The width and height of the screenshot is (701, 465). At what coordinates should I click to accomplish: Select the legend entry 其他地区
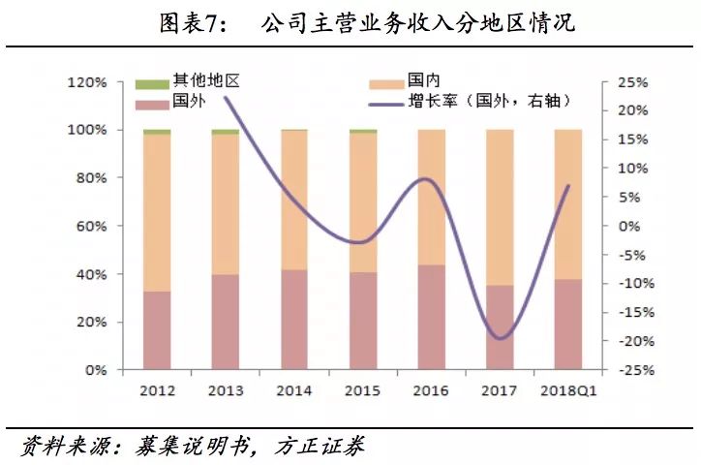pos(190,82)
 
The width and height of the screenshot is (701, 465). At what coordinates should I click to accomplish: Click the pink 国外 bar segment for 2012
pos(156,330)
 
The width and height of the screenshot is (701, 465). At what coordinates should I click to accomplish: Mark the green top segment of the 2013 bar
pos(225,132)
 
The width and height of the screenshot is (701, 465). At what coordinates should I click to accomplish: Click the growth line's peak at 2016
pos(429,179)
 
